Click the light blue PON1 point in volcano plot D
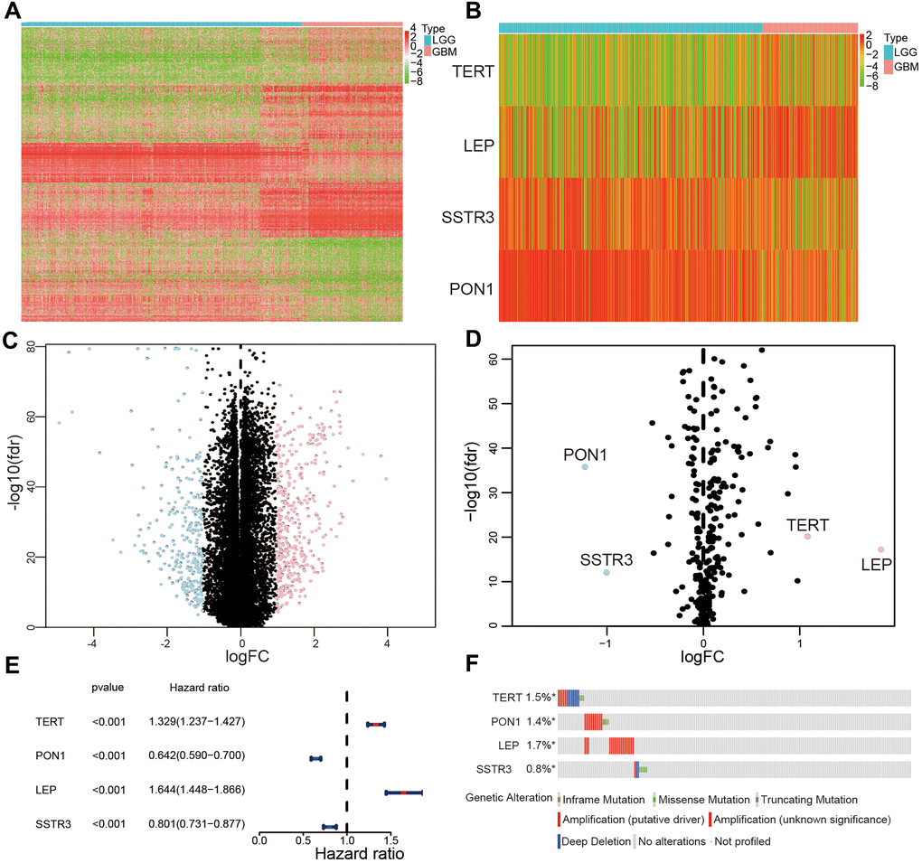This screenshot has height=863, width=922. point(585,466)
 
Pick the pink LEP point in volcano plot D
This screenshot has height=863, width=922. point(880,549)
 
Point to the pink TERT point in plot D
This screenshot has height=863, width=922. point(807,537)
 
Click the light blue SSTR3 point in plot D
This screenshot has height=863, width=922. point(607,572)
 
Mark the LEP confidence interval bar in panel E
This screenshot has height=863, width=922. point(404,793)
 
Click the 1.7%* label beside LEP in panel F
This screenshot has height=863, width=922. point(541,746)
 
